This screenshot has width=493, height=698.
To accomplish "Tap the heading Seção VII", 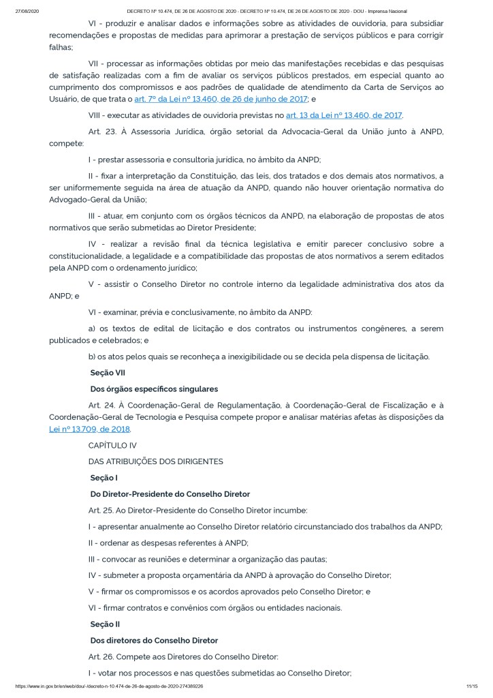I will [x=108, y=373].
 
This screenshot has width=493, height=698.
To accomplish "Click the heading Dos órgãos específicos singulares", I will [x=154, y=389].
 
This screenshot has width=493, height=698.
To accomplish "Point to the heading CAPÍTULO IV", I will [x=112, y=445].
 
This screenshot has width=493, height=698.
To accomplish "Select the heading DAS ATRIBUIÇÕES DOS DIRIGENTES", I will [x=155, y=461].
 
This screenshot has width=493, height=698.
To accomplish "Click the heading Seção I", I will [x=104, y=478].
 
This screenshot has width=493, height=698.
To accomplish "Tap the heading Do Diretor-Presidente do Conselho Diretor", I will [x=170, y=494].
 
